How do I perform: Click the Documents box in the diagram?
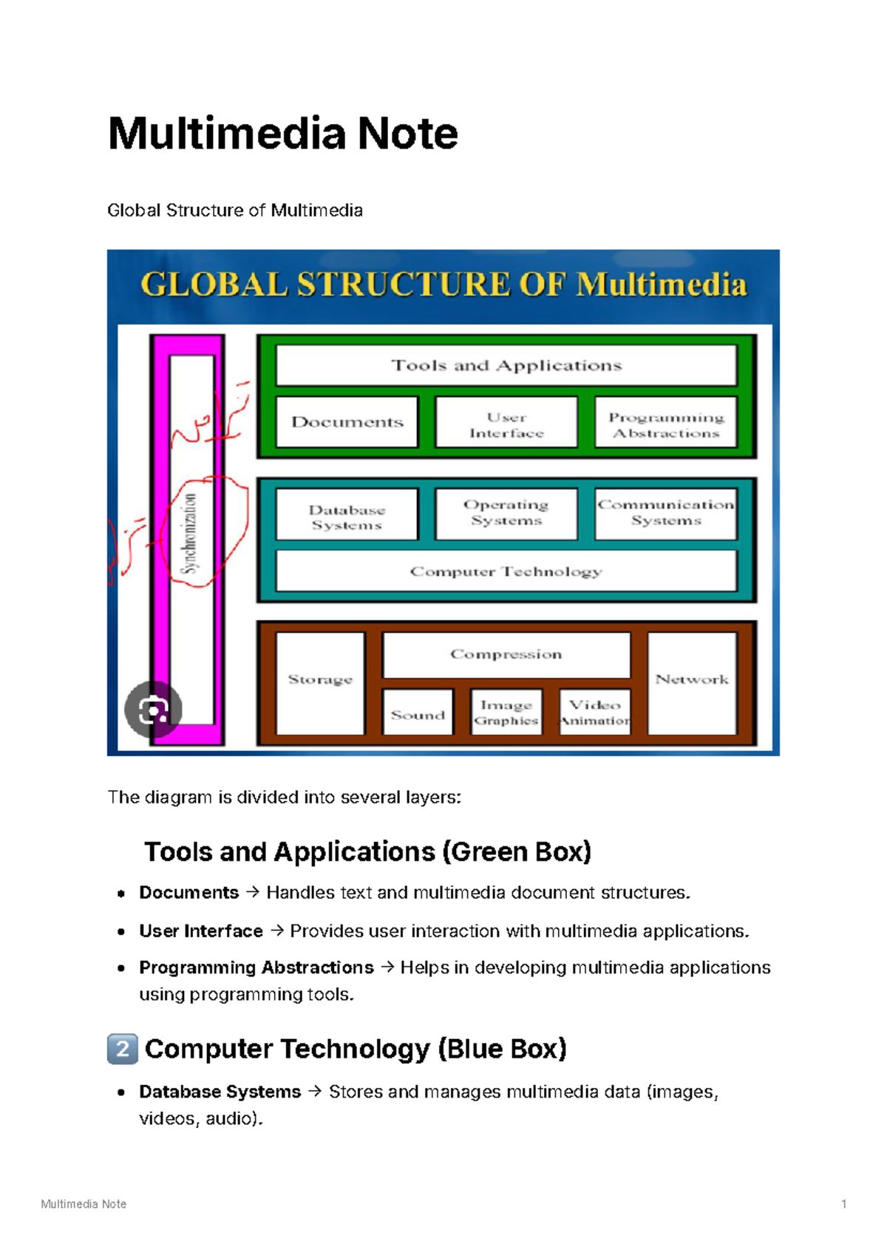click(x=347, y=422)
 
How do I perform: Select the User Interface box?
click(x=506, y=423)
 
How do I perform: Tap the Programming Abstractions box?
click(x=666, y=423)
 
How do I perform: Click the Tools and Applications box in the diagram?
click(x=506, y=365)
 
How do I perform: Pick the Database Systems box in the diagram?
click(x=347, y=515)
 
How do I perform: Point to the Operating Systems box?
click(x=506, y=513)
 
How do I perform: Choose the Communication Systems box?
click(x=666, y=513)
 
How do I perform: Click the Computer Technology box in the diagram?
click(x=506, y=571)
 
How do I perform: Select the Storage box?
click(x=320, y=681)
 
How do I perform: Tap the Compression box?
click(x=506, y=655)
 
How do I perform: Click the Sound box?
click(x=418, y=713)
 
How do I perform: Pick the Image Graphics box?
click(x=506, y=712)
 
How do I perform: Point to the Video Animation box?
click(x=595, y=712)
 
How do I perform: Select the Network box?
click(x=692, y=681)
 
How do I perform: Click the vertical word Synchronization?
click(x=191, y=534)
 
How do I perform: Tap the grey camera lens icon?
click(x=153, y=710)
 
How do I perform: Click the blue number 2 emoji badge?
click(x=123, y=1049)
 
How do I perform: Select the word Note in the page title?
click(x=408, y=134)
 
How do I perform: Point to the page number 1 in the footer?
click(x=844, y=1204)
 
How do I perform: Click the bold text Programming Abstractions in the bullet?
click(x=256, y=967)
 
